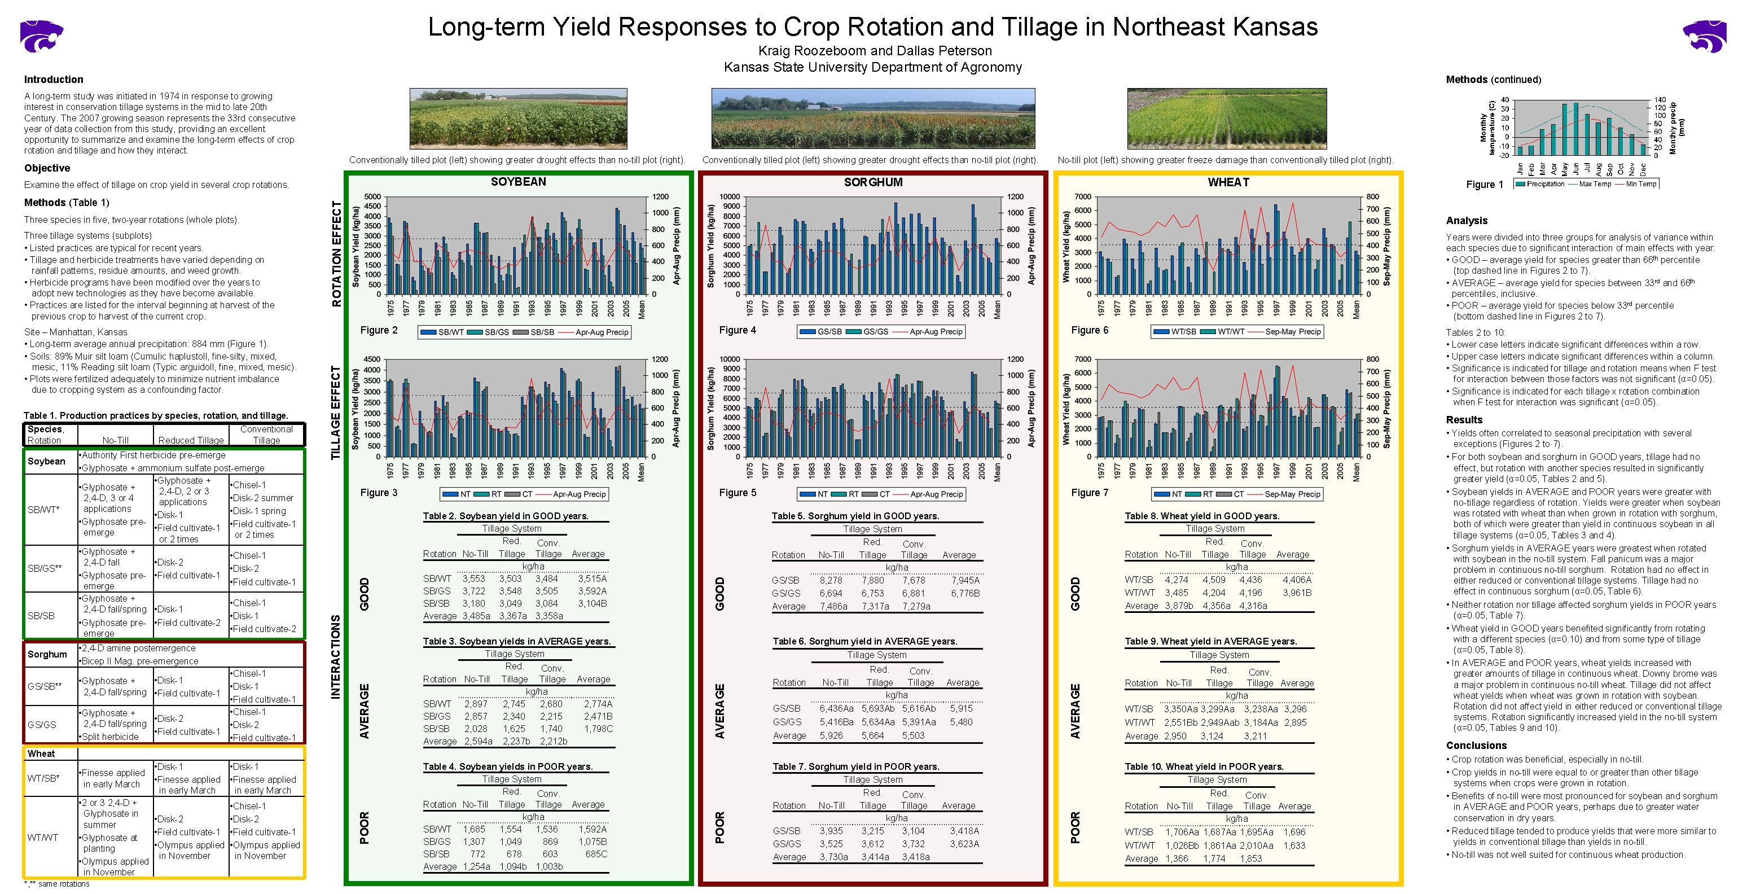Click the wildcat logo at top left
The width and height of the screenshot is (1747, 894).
coord(42,36)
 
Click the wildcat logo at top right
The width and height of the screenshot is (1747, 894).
coord(1704,36)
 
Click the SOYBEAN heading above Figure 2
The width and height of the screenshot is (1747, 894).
coord(518,182)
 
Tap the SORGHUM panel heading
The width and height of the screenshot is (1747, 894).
coord(873,182)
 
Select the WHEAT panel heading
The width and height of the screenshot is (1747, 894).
coord(1228,182)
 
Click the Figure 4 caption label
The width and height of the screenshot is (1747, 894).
coord(737,330)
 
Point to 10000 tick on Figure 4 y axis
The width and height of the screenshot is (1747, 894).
coord(729,197)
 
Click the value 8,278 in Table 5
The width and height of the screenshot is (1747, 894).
coord(831,581)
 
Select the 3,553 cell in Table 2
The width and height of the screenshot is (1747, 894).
coord(473,579)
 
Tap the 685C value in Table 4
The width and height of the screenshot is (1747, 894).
coord(596,854)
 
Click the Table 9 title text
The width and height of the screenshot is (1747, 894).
coord(1210,641)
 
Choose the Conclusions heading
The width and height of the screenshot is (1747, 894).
coord(1476,746)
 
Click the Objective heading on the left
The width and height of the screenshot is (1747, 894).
coord(47,168)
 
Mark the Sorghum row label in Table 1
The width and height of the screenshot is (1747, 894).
coord(47,655)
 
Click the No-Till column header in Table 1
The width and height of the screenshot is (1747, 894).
coord(115,440)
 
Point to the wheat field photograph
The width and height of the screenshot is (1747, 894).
coord(1227,119)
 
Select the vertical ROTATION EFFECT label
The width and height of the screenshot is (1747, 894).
coord(336,255)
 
